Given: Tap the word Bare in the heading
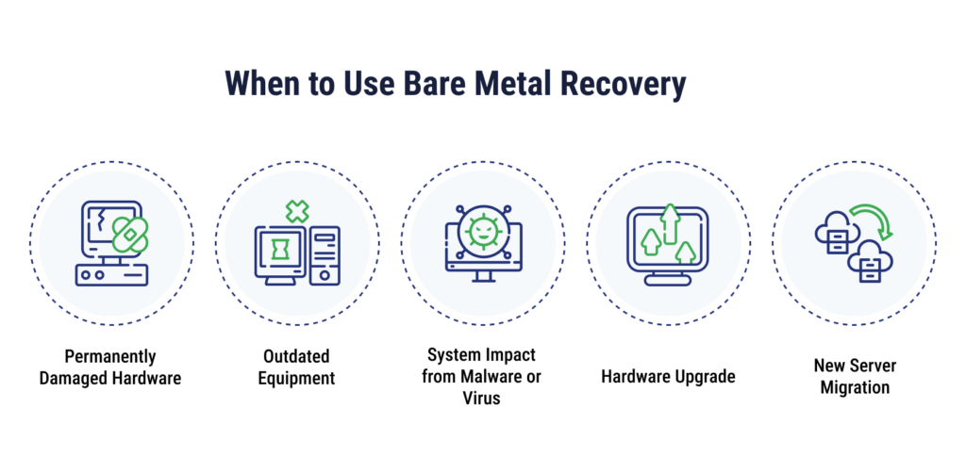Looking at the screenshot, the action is point(438,84).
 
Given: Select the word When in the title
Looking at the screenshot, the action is point(264,84).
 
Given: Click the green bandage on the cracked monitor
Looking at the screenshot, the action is point(130,235).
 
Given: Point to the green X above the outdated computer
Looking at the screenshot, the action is point(297,211).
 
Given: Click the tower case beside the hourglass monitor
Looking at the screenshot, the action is point(325,255).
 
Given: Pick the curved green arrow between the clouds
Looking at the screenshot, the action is point(874,220).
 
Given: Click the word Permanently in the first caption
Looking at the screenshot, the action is point(110,357).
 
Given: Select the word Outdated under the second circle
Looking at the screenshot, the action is point(296,356).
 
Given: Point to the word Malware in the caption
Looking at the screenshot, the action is point(498,376).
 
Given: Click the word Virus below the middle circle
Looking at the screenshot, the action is point(482,398).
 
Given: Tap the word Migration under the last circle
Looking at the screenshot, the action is point(855,387).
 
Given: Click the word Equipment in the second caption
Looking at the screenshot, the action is point(296,378).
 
